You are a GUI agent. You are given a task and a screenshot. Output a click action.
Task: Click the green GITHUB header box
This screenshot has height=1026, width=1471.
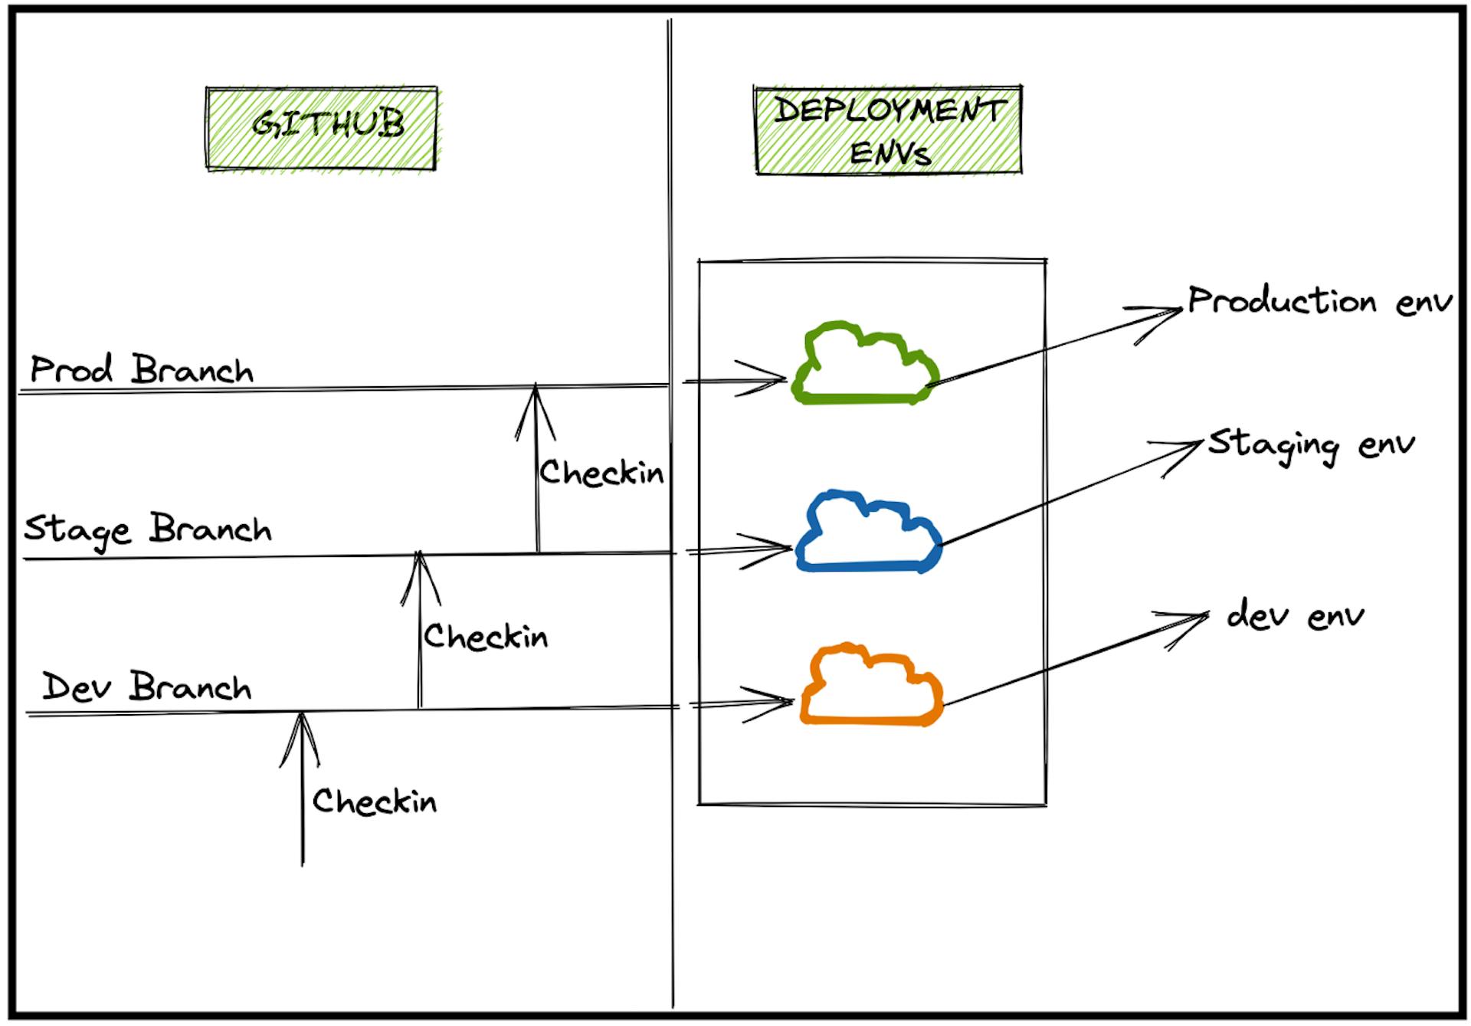pyautogui.click(x=322, y=128)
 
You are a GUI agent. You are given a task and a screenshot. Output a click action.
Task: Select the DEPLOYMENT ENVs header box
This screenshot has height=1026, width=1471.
pyautogui.click(x=888, y=129)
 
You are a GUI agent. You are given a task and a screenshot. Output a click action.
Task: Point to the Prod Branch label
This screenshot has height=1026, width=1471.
pyautogui.click(x=142, y=370)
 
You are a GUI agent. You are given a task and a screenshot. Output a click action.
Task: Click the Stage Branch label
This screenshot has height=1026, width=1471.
pyautogui.click(x=148, y=529)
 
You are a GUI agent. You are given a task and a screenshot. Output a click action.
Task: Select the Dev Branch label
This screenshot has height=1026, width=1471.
pyautogui.click(x=146, y=686)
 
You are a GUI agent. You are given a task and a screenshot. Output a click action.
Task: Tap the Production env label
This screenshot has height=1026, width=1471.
pyautogui.click(x=1319, y=300)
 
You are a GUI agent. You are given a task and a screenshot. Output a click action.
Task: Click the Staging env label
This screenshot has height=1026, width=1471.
pyautogui.click(x=1311, y=445)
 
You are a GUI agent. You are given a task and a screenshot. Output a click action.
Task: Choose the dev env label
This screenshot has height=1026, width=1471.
pyautogui.click(x=1295, y=616)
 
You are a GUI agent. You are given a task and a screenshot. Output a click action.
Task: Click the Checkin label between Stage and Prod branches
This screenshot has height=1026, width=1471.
pyautogui.click(x=601, y=473)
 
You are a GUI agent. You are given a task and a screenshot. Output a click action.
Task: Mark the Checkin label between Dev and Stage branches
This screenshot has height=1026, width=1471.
pyautogui.click(x=486, y=636)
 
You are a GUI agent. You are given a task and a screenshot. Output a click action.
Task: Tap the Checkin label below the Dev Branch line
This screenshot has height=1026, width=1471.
pyautogui.click(x=375, y=801)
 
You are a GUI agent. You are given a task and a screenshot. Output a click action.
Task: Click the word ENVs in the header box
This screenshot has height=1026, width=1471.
pyautogui.click(x=889, y=153)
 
